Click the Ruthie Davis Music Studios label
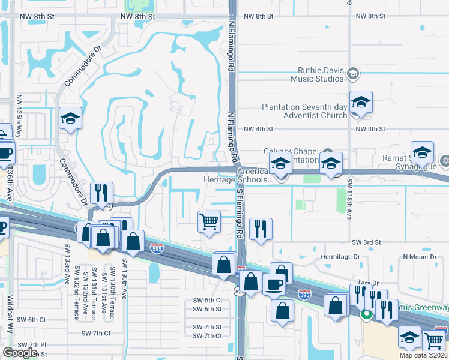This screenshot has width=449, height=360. (x=318, y=74)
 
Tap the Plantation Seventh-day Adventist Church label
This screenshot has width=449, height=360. (x=304, y=112)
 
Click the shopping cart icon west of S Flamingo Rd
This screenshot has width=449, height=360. (x=209, y=221)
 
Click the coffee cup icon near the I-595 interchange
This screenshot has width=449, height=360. (x=274, y=284)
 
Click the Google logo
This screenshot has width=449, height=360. (x=20, y=353)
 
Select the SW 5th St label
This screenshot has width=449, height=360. (x=207, y=300)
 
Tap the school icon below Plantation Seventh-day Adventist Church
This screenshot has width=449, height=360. (x=361, y=102)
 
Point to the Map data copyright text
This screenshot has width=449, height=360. (x=423, y=355)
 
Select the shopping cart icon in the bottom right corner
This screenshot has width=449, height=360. (x=434, y=341)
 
